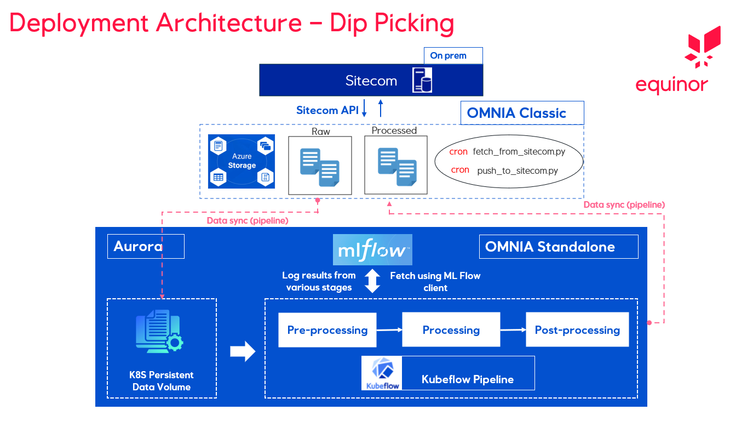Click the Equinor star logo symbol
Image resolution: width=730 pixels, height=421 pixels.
point(703,47)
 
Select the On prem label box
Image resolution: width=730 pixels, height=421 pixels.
point(453,55)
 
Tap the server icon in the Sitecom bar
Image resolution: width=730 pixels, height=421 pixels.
point(422,80)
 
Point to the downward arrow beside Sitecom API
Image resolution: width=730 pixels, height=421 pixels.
point(364,109)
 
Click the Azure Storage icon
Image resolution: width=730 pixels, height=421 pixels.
point(242,161)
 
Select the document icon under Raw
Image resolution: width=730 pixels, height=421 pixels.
point(320,167)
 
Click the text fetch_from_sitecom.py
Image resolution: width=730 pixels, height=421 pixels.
point(519,152)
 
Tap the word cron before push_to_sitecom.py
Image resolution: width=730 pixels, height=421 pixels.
point(460,170)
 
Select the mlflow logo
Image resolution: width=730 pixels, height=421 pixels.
point(372,250)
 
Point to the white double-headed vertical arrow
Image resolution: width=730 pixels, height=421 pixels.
point(372,281)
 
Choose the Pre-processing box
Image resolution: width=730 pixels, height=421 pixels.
point(327,330)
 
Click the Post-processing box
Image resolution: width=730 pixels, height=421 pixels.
point(577,330)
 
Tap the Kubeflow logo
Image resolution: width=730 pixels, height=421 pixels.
point(382,373)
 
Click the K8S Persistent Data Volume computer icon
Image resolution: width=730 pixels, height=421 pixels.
point(159,332)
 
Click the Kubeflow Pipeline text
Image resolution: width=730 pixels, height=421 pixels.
point(467,379)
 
